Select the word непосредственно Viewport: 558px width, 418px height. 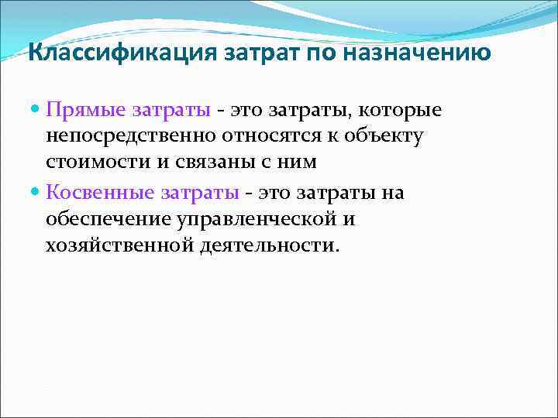tap(133, 137)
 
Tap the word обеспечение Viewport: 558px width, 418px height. tap(108, 219)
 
